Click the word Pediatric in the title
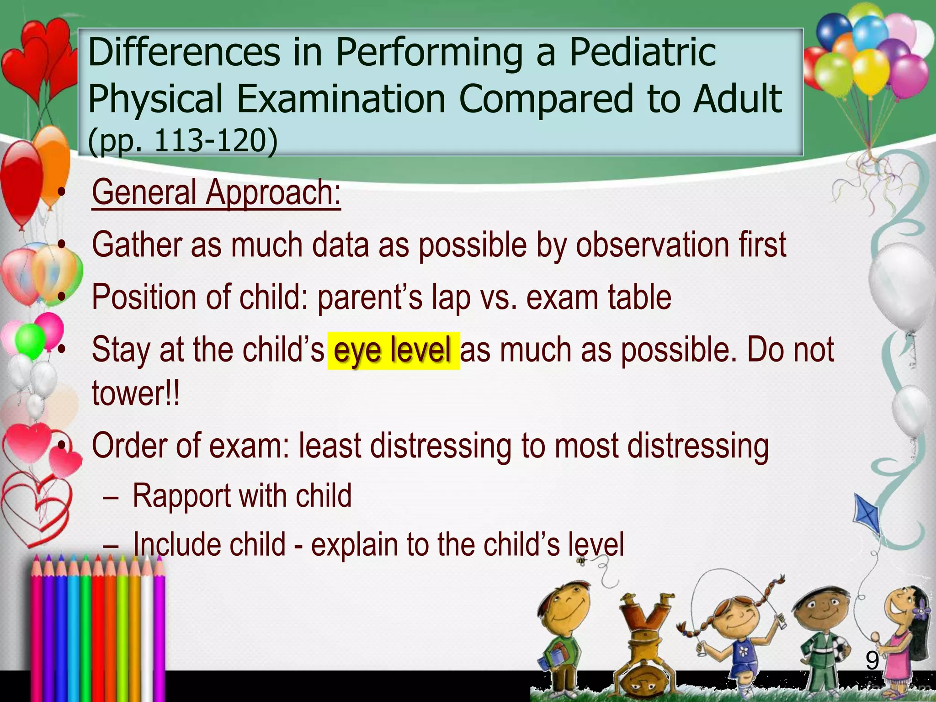point(642,53)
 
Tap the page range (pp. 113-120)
point(182,140)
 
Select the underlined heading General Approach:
point(216,193)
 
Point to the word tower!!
point(136,393)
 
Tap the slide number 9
point(872,661)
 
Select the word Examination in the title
point(341,99)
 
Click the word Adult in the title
point(737,99)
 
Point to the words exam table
point(599,298)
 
